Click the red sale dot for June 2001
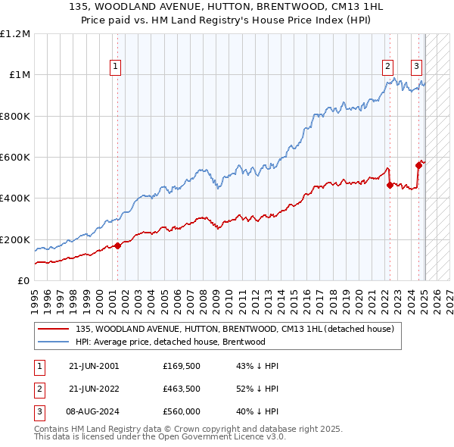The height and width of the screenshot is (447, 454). click(x=118, y=245)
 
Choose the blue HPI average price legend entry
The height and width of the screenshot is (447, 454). click(x=170, y=342)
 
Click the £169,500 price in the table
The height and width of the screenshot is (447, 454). click(x=181, y=365)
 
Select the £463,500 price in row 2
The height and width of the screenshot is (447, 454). click(x=181, y=388)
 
